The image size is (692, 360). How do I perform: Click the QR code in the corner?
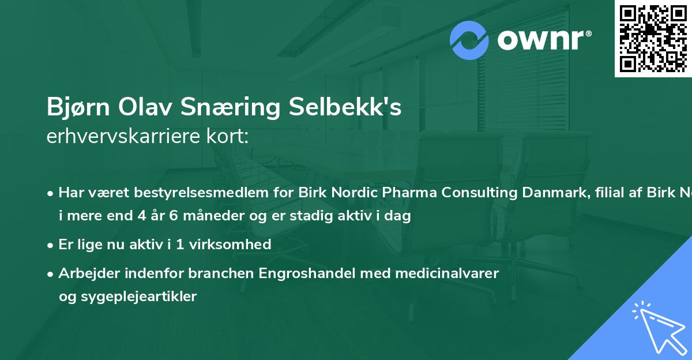pos(653,38)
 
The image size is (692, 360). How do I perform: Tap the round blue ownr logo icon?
pos(469,40)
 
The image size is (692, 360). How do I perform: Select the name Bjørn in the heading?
pos(79,108)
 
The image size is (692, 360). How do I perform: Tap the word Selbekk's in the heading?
pos(347,108)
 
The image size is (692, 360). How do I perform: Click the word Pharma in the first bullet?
pos(414,193)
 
